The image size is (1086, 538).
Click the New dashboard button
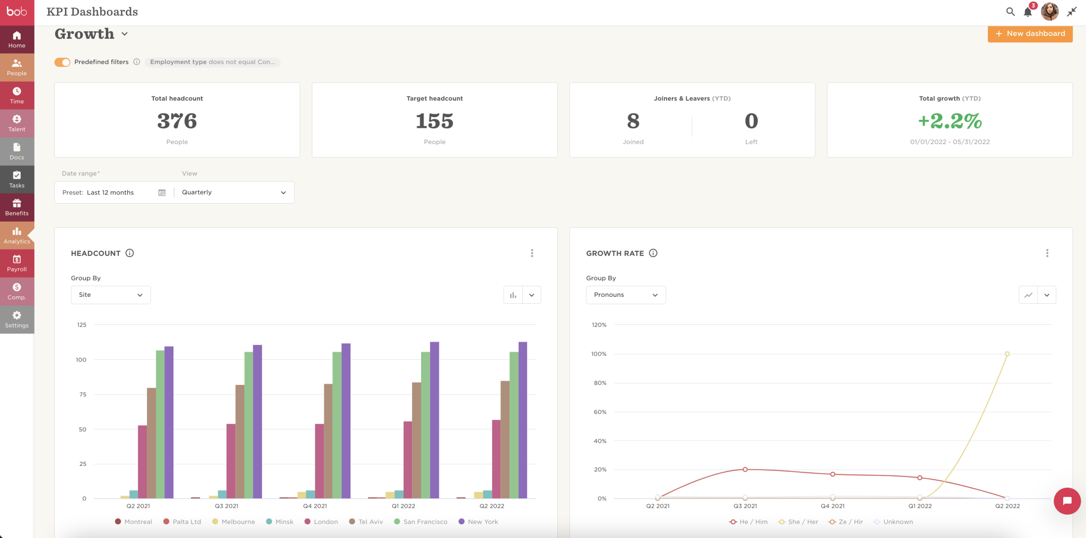(1030, 33)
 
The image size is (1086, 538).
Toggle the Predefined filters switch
(63, 62)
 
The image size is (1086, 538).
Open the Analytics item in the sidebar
(17, 235)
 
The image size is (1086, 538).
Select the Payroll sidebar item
(17, 263)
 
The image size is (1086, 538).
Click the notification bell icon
(1028, 12)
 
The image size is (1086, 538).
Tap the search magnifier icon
(1010, 12)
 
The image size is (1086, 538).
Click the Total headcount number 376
(177, 121)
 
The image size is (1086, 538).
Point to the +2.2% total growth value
(950, 121)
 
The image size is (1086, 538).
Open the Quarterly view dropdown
(234, 192)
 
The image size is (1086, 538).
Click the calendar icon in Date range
(162, 192)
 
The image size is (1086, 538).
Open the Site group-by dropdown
(111, 295)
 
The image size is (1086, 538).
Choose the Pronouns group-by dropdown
(626, 295)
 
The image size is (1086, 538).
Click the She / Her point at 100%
(1007, 354)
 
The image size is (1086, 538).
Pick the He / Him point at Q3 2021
(745, 470)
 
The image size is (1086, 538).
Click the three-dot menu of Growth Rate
(1047, 253)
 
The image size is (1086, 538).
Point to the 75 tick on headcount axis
(83, 394)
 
